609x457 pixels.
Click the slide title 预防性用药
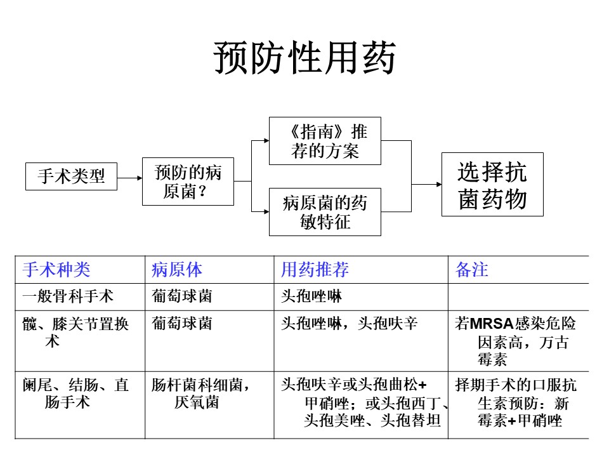pos(304,58)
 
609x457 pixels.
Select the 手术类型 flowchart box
pos(71,176)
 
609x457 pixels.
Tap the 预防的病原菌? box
pos(188,182)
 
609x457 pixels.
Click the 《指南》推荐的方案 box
pos(325,141)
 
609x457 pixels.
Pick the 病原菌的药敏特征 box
pos(325,212)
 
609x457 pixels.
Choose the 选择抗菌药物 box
pos(492,184)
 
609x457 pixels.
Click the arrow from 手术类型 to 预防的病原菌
pos(129,178)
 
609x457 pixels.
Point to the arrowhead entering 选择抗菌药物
pos(439,184)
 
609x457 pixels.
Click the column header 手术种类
pos(56,270)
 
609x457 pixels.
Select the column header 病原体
pos(177,270)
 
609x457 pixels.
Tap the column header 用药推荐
pos(315,270)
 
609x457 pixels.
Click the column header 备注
pos(471,270)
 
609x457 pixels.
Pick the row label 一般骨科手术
pos(68,296)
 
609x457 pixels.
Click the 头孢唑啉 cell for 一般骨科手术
pos(311,296)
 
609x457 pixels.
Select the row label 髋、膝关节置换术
pos(75,332)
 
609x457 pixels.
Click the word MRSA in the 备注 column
pos(492,323)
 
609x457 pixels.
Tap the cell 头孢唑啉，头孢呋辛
pos(349,323)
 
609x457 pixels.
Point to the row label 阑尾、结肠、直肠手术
pos(75,394)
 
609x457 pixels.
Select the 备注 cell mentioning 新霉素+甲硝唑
pos(516,402)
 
